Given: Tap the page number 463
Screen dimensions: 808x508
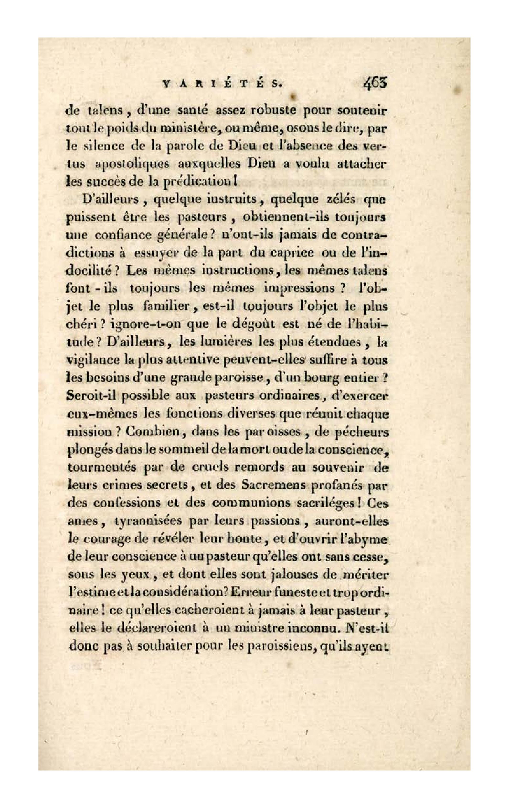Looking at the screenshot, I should pos(375,83).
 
